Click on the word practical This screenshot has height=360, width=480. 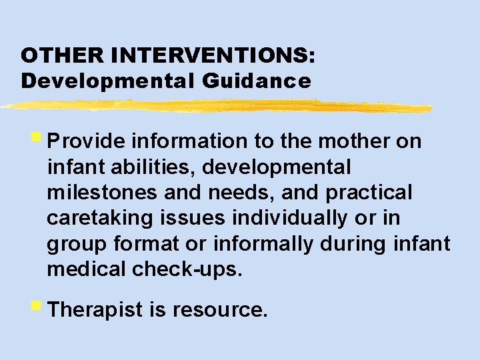[x=369, y=193]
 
